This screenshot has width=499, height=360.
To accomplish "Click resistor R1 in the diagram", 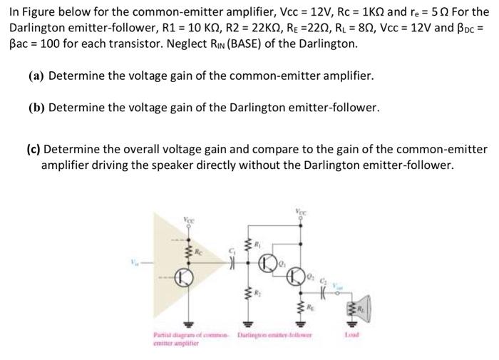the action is point(249,250).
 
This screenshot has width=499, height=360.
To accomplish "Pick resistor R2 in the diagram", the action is point(249,292).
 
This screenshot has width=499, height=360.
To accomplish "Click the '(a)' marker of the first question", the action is point(36,76).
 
